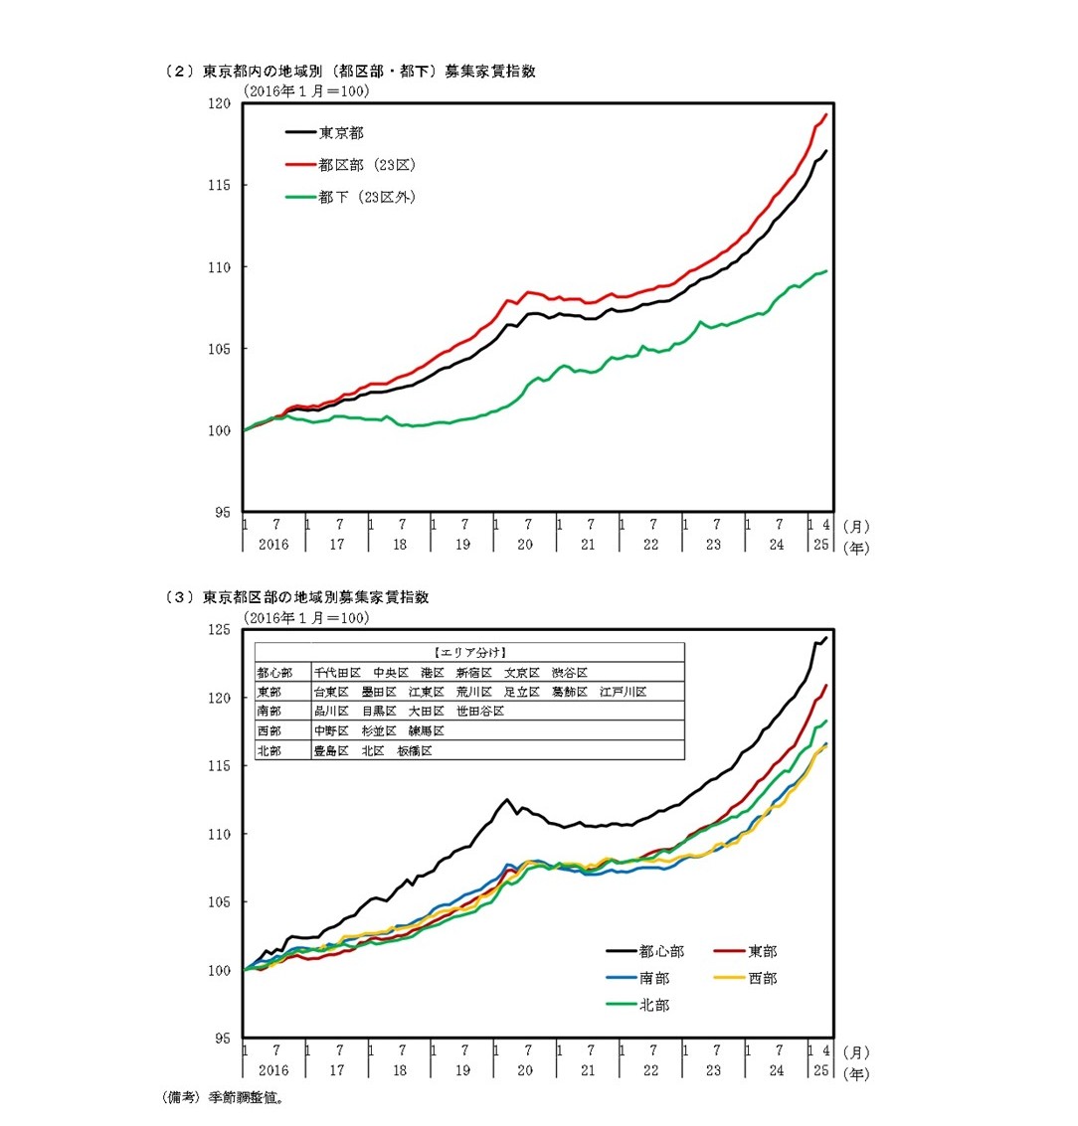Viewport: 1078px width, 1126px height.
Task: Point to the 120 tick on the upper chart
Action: point(219,103)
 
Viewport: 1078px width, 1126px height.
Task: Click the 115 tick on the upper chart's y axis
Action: point(219,186)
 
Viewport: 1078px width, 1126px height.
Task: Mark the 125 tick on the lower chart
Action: point(219,629)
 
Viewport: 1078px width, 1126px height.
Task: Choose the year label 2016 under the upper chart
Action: point(273,545)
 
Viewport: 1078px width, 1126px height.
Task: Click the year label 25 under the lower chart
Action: point(820,1070)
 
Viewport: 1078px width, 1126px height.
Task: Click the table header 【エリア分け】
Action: point(470,653)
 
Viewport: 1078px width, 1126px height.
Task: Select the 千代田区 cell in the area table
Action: point(337,673)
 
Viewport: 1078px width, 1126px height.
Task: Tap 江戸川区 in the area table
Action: point(624,692)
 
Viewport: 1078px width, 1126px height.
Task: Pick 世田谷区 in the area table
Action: point(480,712)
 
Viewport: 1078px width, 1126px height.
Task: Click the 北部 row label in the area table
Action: point(269,751)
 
